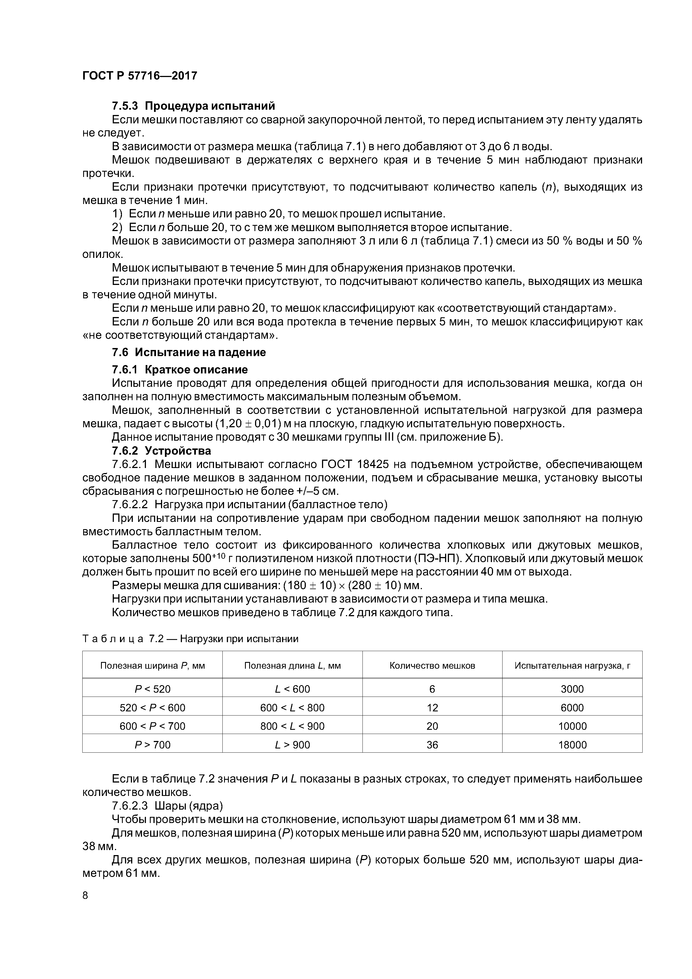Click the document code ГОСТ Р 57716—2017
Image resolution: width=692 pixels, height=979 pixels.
coord(140,76)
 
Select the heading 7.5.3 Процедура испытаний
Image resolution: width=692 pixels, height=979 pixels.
coord(193,106)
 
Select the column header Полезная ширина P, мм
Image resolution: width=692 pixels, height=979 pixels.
coord(152,666)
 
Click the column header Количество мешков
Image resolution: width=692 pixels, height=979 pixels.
coord(432,666)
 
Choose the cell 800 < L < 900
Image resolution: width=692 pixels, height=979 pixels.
coord(292,726)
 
